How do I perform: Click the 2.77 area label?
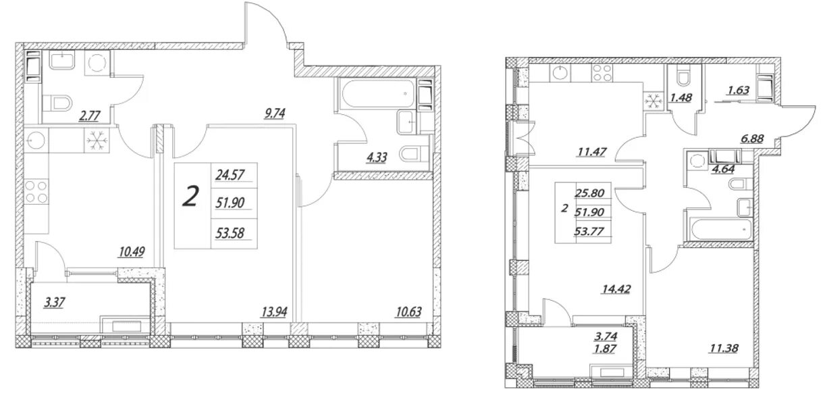point(90,116)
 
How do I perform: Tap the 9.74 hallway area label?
point(274,114)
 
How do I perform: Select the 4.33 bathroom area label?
point(377,157)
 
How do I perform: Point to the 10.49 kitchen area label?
point(132,252)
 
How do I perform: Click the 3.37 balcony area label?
point(54,303)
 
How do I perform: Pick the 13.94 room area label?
point(274,312)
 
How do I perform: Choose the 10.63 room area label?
point(409,312)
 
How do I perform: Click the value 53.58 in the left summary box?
point(230,233)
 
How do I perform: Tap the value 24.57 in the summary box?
point(230,175)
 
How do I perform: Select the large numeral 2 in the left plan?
point(191,197)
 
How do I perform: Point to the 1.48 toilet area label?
point(681,98)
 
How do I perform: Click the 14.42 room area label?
point(616,289)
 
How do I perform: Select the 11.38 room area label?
point(725,348)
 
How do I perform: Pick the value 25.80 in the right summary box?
point(589,193)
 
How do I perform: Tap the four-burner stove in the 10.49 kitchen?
point(37,192)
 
